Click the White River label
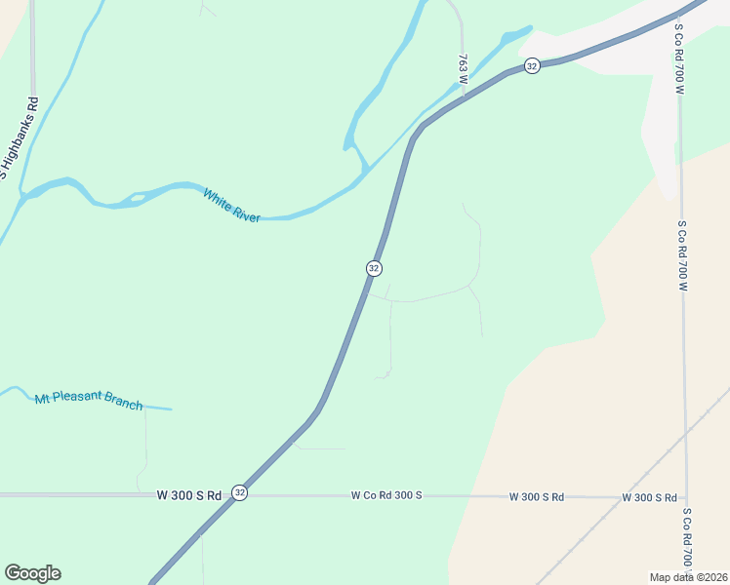tap(231, 206)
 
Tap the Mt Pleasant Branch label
tap(89, 401)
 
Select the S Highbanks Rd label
tap(19, 137)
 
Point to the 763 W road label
tap(464, 70)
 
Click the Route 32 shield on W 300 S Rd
tap(240, 494)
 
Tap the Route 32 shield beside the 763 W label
tap(531, 65)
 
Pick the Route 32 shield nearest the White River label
tap(374, 267)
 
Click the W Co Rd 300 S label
tap(386, 496)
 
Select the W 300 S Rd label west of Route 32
tap(189, 495)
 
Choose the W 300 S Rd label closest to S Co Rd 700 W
tap(649, 498)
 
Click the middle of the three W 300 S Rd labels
tap(537, 497)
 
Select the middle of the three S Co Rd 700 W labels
tap(682, 255)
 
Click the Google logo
tap(32, 573)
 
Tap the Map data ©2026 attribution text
tap(687, 577)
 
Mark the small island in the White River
tap(138, 197)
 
